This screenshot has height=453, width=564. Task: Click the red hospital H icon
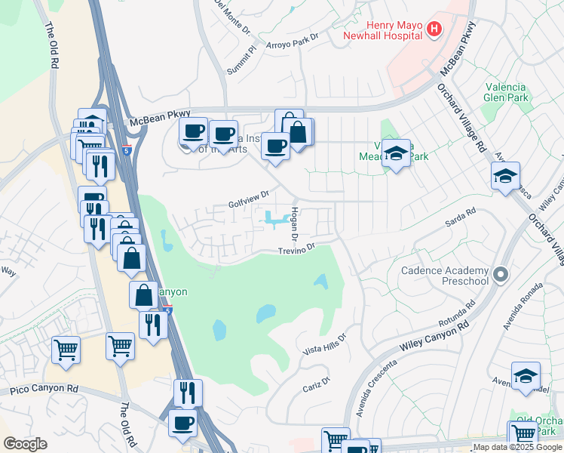coord(434,29)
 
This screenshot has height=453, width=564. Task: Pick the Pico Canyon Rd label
coord(44,390)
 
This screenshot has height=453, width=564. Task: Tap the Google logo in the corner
coord(25,444)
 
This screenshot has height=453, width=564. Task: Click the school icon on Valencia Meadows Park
coord(396,153)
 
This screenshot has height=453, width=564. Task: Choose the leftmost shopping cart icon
coord(66,350)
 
